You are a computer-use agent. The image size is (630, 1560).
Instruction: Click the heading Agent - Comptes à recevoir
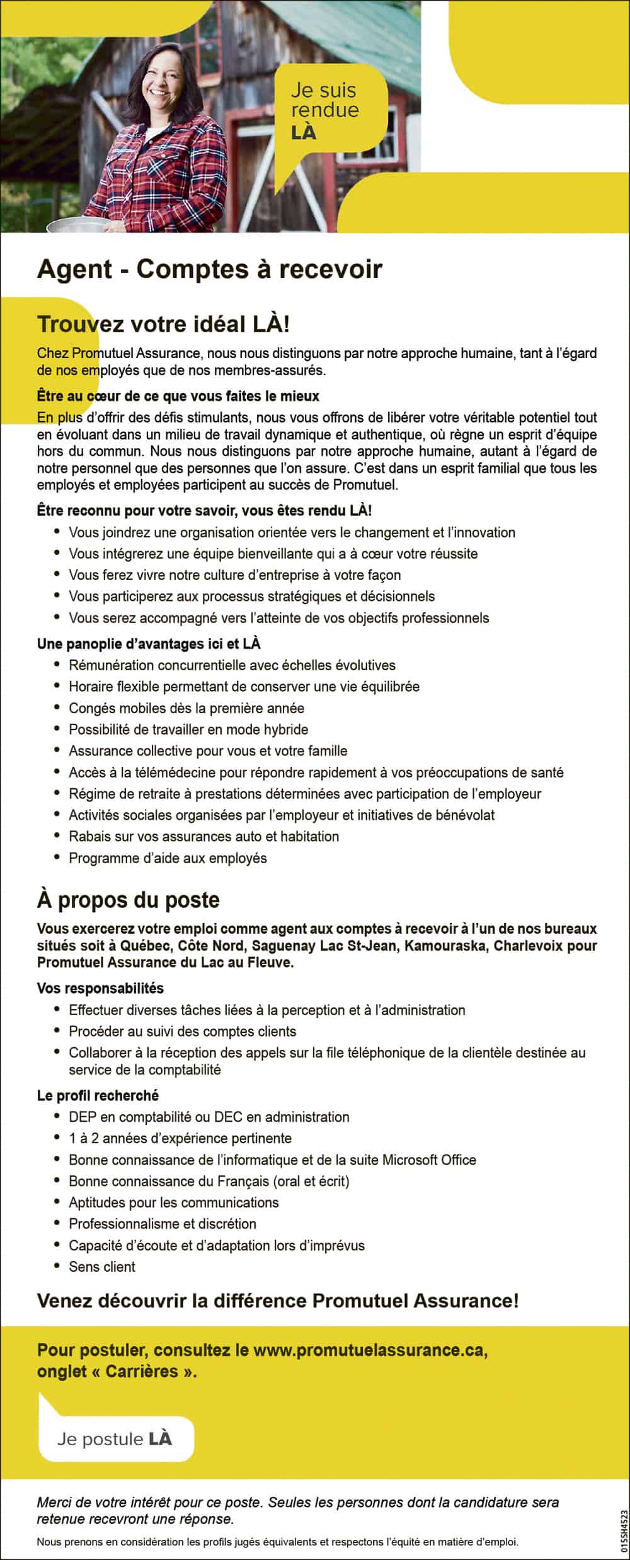209,269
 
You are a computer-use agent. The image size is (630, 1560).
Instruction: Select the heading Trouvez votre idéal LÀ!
164,324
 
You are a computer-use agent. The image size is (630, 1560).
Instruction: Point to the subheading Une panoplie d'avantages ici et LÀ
149,644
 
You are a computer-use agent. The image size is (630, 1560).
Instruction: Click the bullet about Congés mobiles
186,708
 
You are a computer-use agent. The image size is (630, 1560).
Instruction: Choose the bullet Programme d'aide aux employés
168,858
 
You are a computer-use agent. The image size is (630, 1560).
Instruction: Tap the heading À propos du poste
128,900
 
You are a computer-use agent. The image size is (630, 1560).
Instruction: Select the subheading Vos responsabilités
100,988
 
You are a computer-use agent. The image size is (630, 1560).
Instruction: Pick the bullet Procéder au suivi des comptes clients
183,1032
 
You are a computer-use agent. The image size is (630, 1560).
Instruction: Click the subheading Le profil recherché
98,1095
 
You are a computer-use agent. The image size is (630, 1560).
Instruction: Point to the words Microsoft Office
429,1160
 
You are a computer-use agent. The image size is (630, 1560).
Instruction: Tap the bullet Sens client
102,1267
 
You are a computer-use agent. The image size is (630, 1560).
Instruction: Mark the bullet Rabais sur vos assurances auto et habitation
204,837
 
